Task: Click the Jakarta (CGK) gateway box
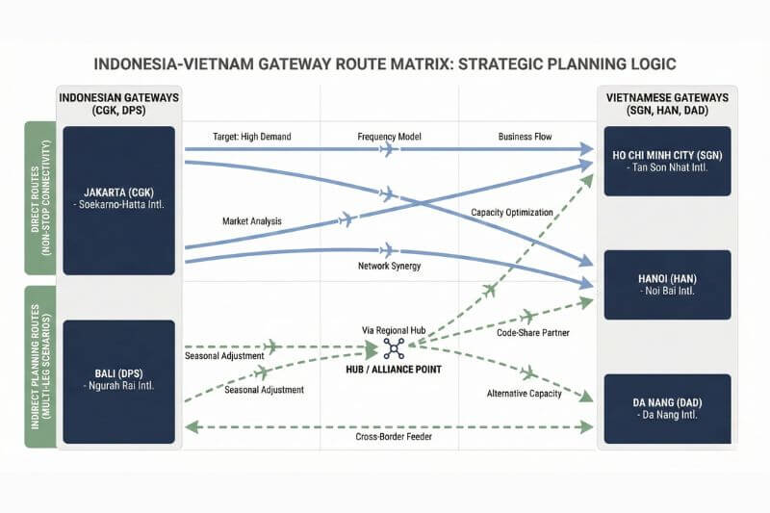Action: point(118,199)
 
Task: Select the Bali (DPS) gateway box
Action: point(118,381)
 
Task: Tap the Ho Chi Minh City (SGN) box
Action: point(667,161)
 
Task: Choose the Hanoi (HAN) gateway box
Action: point(667,284)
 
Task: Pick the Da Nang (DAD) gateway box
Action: point(667,408)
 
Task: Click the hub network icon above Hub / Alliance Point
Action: point(394,349)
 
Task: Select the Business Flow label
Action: point(525,137)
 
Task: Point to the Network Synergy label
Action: point(391,265)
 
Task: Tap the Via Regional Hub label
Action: point(393,330)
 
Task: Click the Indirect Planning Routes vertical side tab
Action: point(39,367)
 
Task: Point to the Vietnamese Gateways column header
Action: point(667,106)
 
